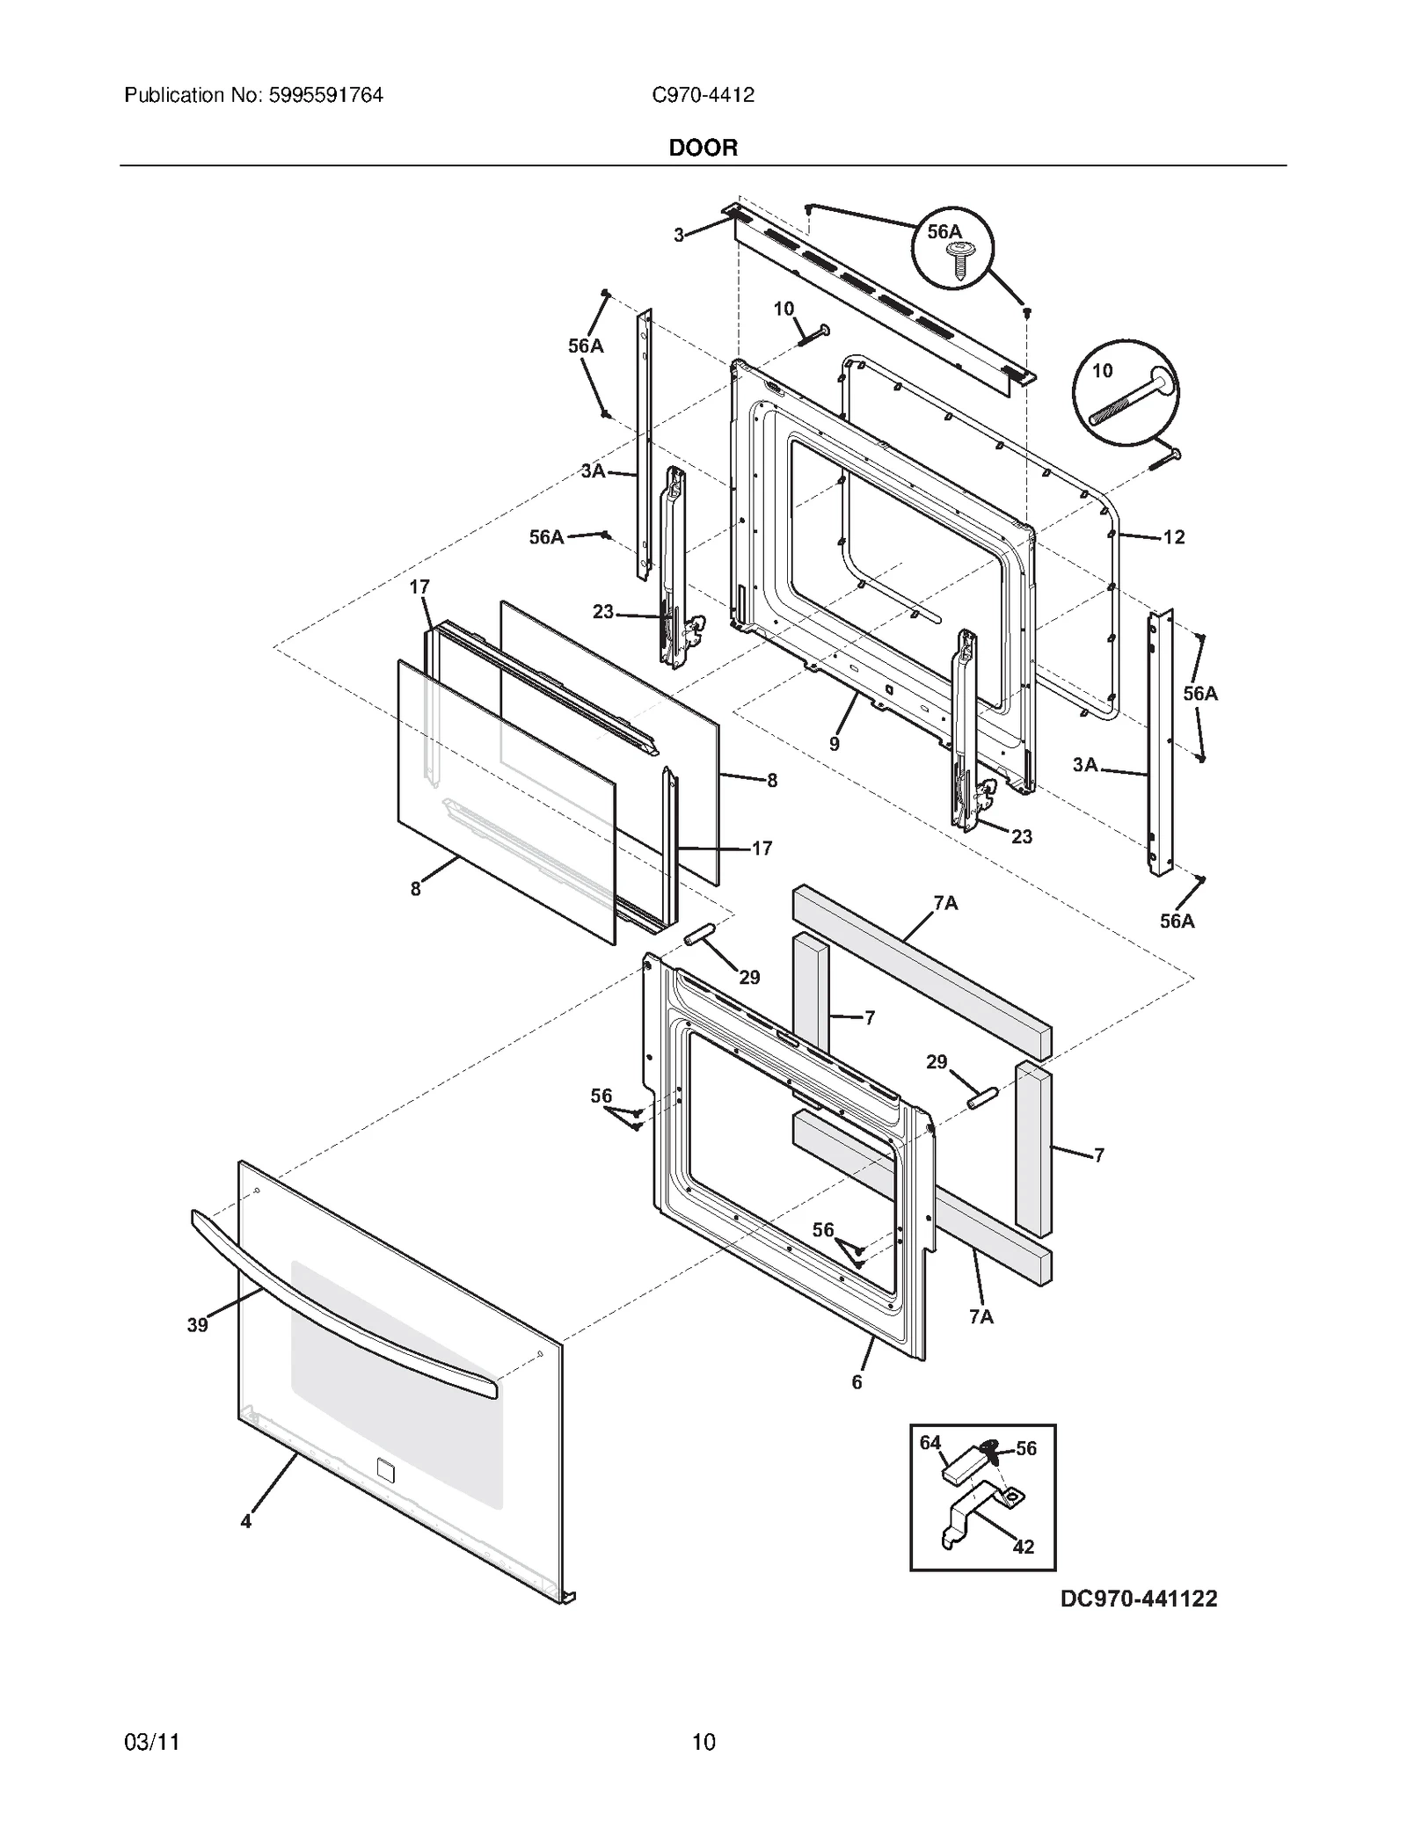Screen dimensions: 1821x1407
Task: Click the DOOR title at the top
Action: pos(703,148)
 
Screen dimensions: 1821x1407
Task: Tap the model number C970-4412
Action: pos(703,95)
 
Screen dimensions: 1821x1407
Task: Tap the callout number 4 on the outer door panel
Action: pos(246,1520)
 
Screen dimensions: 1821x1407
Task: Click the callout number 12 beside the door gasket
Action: pos(1173,537)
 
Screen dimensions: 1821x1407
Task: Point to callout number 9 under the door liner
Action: pos(834,744)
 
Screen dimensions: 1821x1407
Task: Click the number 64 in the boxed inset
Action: pos(929,1442)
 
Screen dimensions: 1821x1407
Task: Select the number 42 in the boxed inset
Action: pos(1023,1546)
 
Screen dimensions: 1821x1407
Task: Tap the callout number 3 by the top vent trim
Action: pos(679,235)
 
